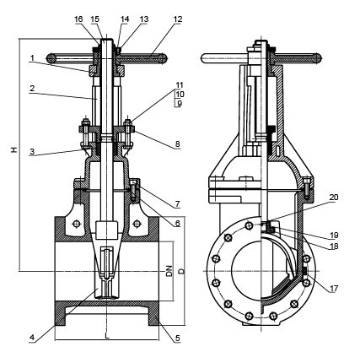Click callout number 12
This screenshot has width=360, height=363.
(178, 19)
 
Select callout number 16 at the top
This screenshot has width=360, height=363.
(78, 19)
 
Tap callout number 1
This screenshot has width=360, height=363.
(32, 58)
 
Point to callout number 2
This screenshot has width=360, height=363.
(32, 88)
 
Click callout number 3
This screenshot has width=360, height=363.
(32, 151)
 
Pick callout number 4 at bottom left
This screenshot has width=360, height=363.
(32, 338)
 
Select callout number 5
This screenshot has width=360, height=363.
(177, 338)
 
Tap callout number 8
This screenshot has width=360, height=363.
(177, 144)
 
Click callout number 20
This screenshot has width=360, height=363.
(334, 198)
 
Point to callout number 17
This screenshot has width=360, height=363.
(334, 289)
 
